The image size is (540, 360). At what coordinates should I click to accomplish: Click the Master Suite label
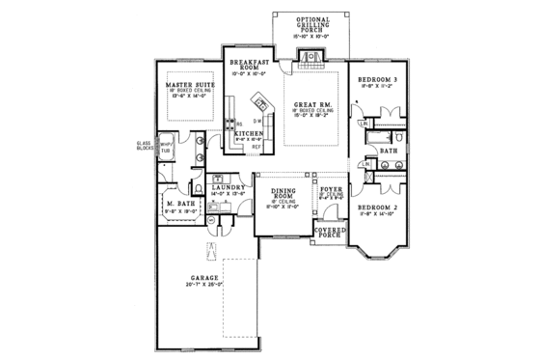pyautogui.click(x=190, y=85)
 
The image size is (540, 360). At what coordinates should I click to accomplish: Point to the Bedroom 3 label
pyautogui.click(x=379, y=77)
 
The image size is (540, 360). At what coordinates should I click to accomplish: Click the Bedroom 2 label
pyautogui.click(x=380, y=208)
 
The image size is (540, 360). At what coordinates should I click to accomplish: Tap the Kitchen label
pyautogui.click(x=249, y=133)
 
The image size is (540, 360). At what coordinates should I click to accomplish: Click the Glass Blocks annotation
pyautogui.click(x=143, y=147)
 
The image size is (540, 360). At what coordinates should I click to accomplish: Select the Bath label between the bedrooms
pyautogui.click(x=389, y=151)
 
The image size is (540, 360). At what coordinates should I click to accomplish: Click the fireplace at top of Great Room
pyautogui.click(x=310, y=58)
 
